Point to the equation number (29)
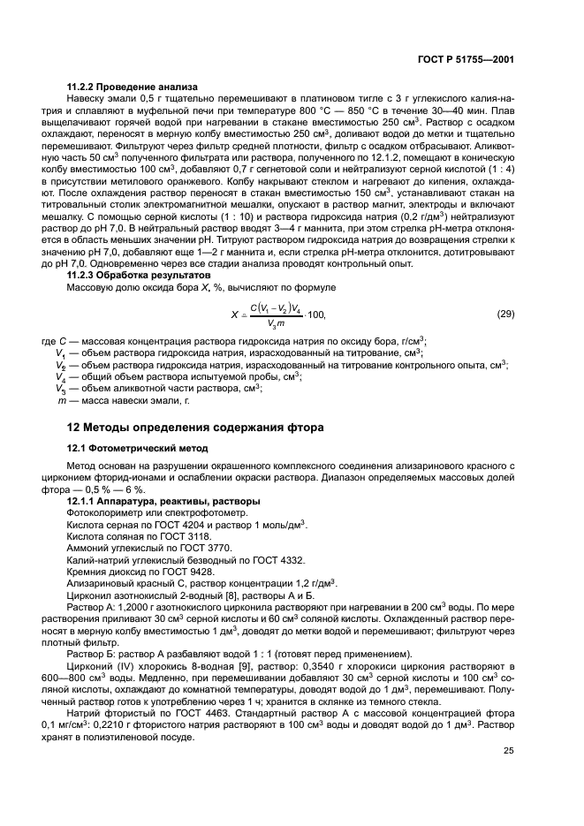pos(506,314)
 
